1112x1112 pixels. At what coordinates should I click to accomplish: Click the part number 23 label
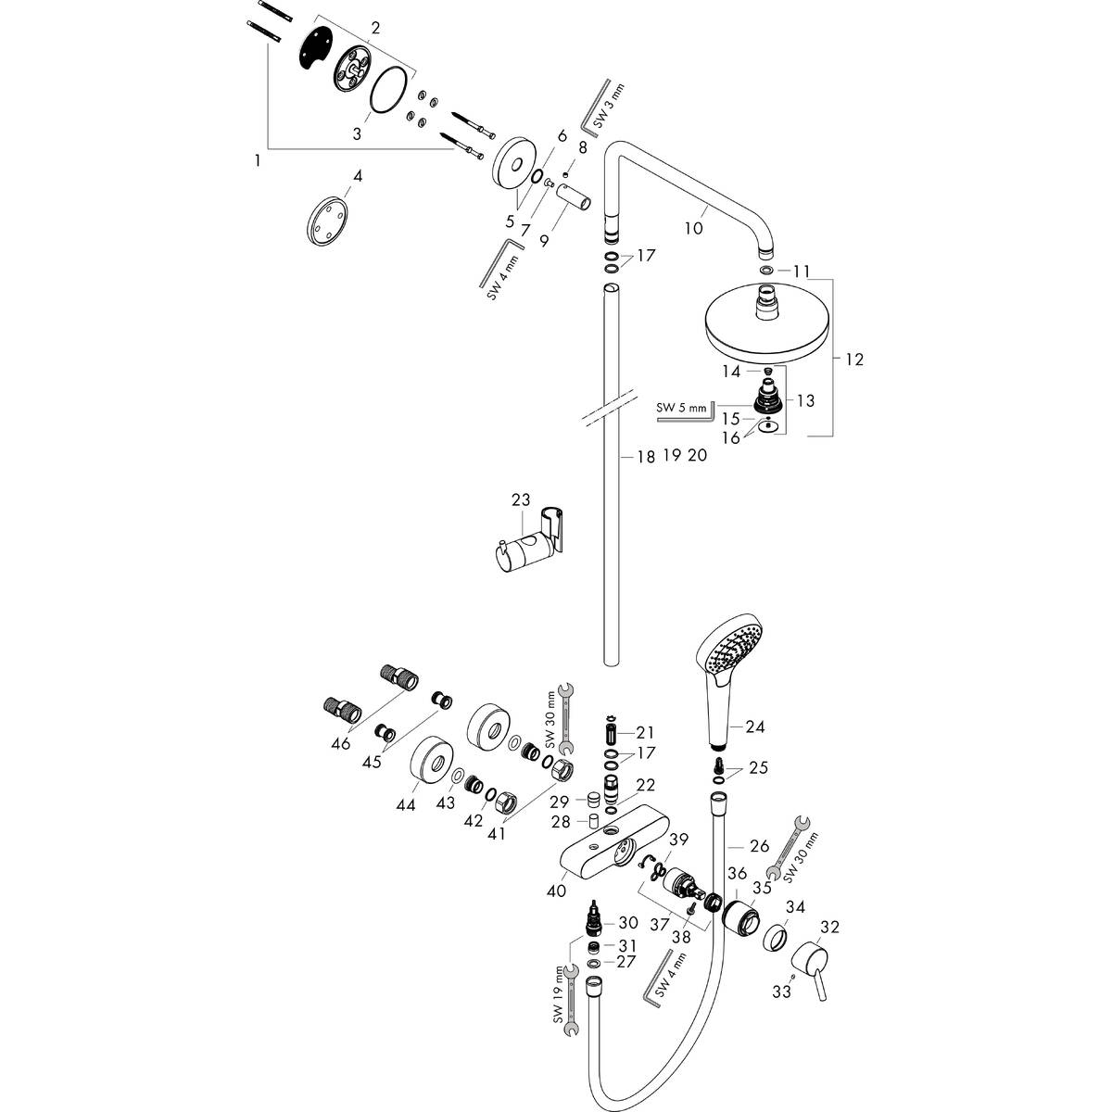(x=521, y=499)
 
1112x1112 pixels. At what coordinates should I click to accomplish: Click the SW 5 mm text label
(x=680, y=407)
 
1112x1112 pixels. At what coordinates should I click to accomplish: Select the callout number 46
(x=340, y=743)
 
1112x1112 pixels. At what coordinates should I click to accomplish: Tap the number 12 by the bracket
(x=853, y=359)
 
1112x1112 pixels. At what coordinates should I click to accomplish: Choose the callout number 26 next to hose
(x=759, y=845)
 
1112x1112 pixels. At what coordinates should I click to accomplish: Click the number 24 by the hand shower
(x=755, y=727)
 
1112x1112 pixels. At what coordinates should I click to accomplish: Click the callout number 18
(x=646, y=456)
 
